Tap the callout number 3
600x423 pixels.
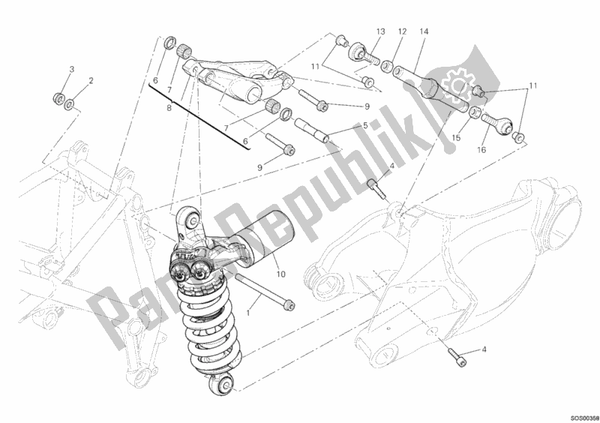72,70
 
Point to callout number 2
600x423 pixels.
91,80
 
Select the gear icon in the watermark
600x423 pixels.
455,79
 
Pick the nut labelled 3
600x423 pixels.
58,97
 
